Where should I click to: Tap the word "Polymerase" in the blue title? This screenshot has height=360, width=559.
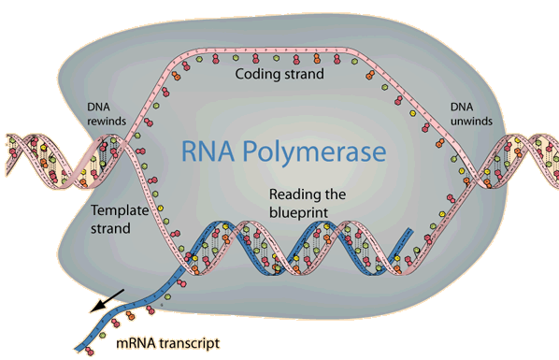coord(314,152)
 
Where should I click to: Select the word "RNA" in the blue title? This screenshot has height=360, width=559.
coord(208,151)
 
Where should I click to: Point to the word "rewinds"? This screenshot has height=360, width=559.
coord(107,121)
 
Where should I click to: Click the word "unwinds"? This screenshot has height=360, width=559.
coord(471,121)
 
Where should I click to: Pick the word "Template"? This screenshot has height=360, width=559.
coord(120,210)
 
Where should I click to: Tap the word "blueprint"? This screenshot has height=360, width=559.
coord(298,212)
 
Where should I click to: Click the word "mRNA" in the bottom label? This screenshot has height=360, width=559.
coord(136,343)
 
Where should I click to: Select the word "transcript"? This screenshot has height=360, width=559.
coord(189,343)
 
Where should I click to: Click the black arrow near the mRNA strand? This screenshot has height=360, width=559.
coord(107,301)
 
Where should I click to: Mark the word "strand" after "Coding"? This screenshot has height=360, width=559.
coord(304,74)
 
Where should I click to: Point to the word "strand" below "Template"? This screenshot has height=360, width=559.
coord(110,228)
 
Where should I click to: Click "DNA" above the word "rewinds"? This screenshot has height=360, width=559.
coord(98,107)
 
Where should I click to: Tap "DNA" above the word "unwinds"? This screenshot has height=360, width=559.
coord(462,107)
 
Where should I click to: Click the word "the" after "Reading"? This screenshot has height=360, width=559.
coord(335,194)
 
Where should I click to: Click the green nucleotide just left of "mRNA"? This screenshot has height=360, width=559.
coord(103,335)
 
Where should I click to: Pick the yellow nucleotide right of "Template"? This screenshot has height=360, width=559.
coord(160,208)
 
